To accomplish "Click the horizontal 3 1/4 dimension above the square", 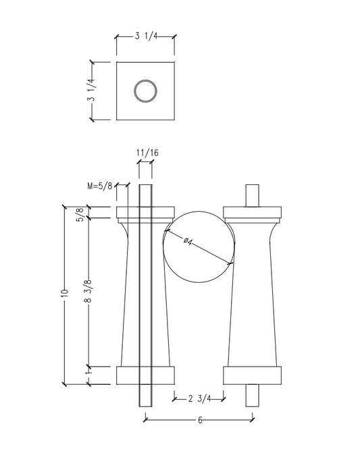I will click(x=145, y=36).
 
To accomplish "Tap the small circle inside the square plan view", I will click(x=145, y=91).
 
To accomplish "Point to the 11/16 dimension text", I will click(x=147, y=153).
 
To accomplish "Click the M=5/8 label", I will click(x=99, y=185).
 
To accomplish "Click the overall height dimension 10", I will click(x=65, y=294).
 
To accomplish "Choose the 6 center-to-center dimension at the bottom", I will click(x=200, y=419).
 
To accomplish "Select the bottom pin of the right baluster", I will click(x=253, y=395).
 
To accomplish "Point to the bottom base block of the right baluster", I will click(x=253, y=375).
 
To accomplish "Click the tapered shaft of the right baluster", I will click(x=253, y=297).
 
